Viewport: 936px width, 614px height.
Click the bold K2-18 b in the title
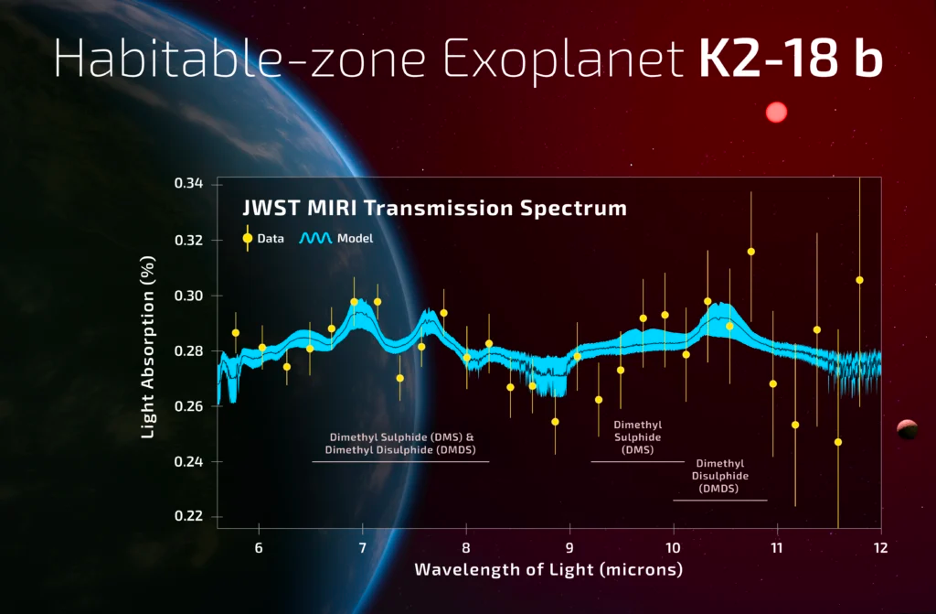790,58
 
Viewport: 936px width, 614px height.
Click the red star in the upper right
776,113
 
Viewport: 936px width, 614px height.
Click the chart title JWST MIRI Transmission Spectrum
433,209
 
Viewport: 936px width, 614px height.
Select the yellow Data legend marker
247,238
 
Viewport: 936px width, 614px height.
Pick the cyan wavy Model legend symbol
315,238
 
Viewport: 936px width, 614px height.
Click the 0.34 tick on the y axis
188,185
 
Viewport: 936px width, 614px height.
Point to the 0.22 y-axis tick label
188,516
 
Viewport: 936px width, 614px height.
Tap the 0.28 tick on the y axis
188,350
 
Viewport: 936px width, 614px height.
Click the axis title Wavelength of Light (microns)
548,570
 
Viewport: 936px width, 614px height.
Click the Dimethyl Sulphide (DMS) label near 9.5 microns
637,437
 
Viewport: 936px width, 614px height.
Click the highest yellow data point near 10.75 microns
751,251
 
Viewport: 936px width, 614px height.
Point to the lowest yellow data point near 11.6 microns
838,442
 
